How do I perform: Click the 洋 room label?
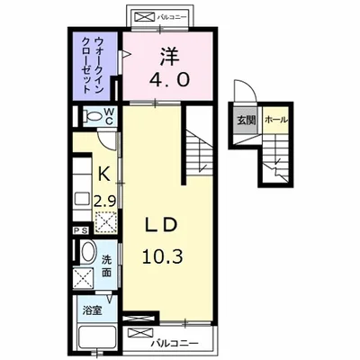point(170,56)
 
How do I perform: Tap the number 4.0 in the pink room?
point(169,80)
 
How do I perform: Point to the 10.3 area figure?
point(162,256)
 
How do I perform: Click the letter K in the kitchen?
point(104,174)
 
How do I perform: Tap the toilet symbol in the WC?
point(92,115)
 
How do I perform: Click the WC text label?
point(109,116)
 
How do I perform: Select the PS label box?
point(81,230)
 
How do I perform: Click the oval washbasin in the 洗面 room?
point(87,252)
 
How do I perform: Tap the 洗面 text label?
point(106,266)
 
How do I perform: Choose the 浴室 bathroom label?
point(92,310)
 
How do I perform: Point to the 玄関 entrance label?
point(247,121)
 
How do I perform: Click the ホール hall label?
point(276,120)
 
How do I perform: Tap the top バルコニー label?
point(172,17)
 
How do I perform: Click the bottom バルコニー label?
point(175,343)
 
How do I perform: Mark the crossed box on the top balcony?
point(145,17)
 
